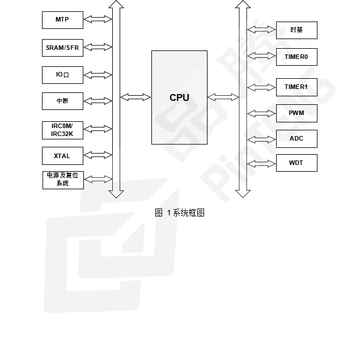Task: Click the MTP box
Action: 62,20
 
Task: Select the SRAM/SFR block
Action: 62,48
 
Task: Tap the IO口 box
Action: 62,75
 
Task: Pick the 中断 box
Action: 62,101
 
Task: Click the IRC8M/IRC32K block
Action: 62,129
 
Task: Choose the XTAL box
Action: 62,155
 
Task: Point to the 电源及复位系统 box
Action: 62,180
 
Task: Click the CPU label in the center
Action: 179,97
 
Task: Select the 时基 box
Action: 296,30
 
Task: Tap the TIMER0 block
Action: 296,57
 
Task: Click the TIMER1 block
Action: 296,87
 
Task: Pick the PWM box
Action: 296,113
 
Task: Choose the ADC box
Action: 296,139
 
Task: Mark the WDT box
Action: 296,163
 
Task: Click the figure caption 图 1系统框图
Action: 179,213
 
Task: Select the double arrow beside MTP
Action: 98,20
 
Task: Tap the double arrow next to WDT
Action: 261,163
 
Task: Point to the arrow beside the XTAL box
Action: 98,155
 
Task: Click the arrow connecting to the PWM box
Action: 261,113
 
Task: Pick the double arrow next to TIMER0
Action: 261,57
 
